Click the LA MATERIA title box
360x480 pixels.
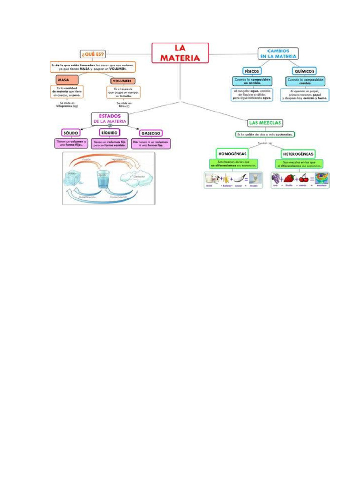(180, 53)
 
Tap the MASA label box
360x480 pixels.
(63, 80)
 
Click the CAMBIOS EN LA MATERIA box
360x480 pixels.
(278, 53)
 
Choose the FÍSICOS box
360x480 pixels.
(252, 71)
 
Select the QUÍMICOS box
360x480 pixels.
(304, 71)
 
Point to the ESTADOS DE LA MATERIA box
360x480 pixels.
(110, 119)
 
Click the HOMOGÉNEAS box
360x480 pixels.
(232, 153)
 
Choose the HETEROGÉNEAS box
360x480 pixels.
(298, 153)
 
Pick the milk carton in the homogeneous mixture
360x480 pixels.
(215, 179)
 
